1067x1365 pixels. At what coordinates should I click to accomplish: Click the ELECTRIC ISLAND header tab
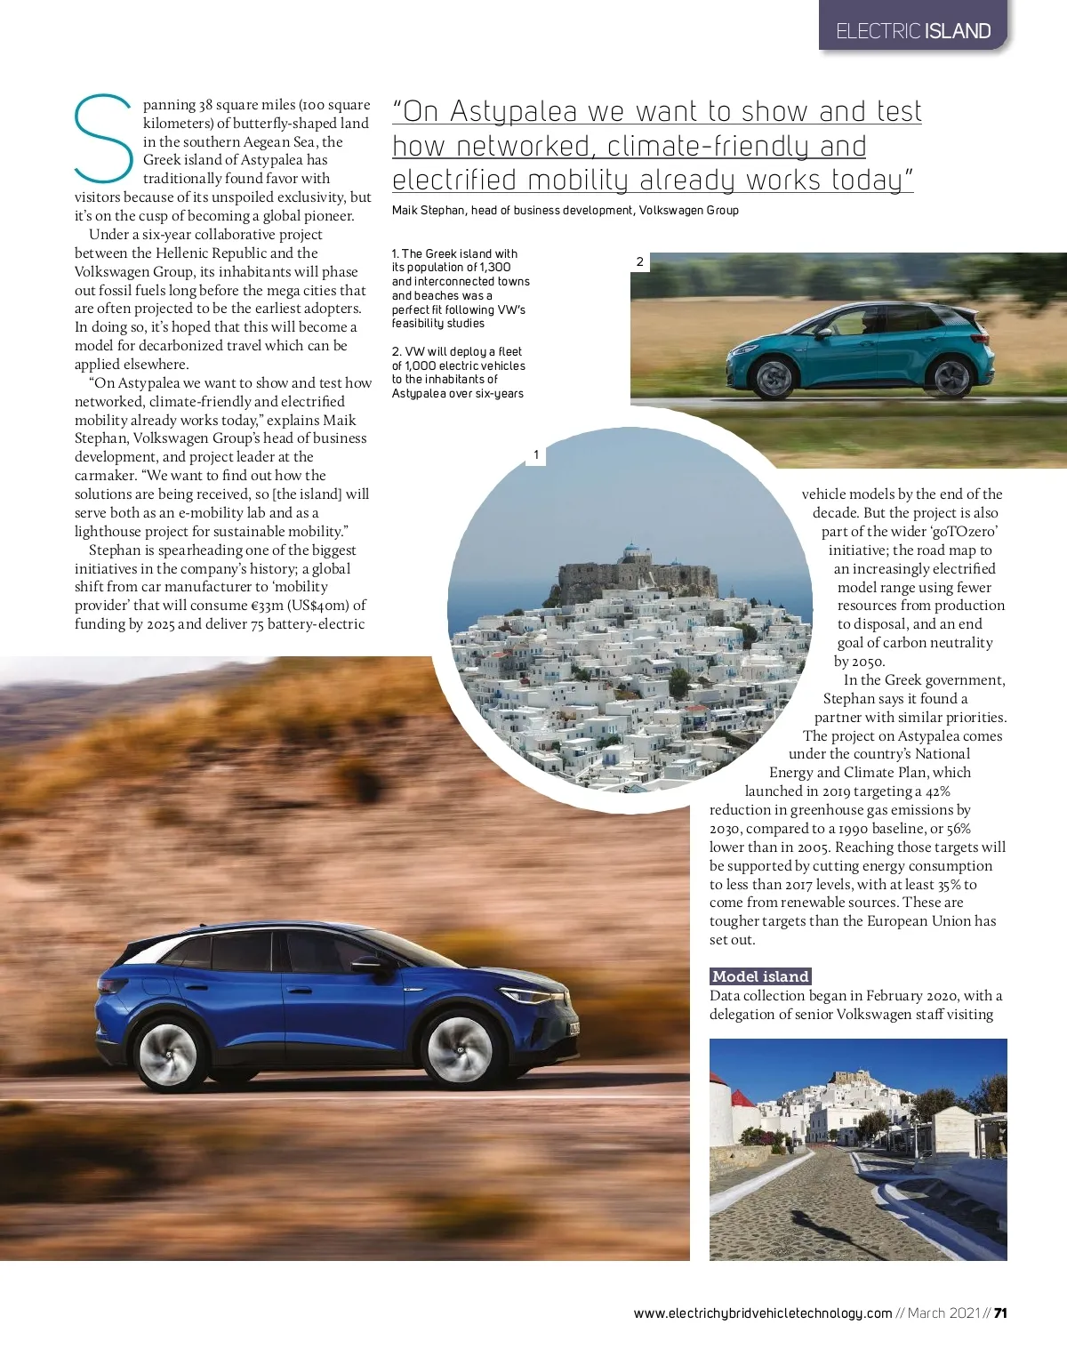pos(913,31)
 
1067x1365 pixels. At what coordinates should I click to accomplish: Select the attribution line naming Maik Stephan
pos(565,211)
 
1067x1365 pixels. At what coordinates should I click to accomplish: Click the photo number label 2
pos(639,261)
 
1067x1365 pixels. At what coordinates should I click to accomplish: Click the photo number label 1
pos(536,455)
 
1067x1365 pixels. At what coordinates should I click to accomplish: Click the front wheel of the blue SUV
pos(461,1050)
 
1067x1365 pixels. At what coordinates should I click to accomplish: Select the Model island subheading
pos(760,976)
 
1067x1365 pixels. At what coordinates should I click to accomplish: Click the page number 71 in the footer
pos(1000,1313)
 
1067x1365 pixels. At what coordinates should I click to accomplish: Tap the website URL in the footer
pos(762,1313)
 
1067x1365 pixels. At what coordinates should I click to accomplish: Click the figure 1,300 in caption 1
pos(494,268)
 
